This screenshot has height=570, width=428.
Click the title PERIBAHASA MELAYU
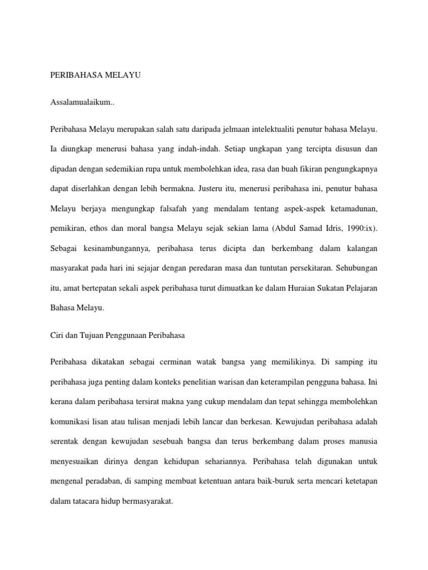click(95, 76)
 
